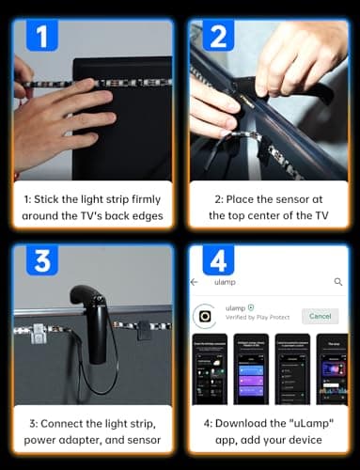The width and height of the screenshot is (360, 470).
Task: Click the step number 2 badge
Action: point(217,38)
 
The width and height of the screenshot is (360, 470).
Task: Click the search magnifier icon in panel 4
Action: point(338,281)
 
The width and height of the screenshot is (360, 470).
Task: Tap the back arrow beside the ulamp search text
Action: point(195,281)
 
